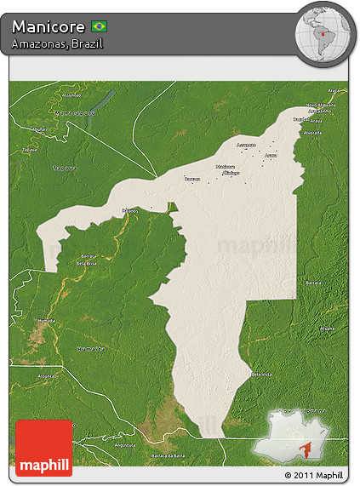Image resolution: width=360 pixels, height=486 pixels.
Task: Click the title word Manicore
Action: point(48,27)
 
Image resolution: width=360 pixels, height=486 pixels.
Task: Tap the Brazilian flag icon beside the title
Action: point(99,27)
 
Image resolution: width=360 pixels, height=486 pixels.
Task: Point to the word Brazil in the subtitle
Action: point(88,43)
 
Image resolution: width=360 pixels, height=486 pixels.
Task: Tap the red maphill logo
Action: point(44,448)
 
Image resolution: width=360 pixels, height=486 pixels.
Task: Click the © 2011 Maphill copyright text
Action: point(314,475)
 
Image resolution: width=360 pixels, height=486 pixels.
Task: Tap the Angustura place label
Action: point(125,445)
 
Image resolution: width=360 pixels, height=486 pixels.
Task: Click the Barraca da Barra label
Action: point(168,457)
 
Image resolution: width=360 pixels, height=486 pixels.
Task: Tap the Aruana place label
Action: point(271,156)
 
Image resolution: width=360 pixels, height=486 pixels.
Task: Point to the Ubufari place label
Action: point(38,129)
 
